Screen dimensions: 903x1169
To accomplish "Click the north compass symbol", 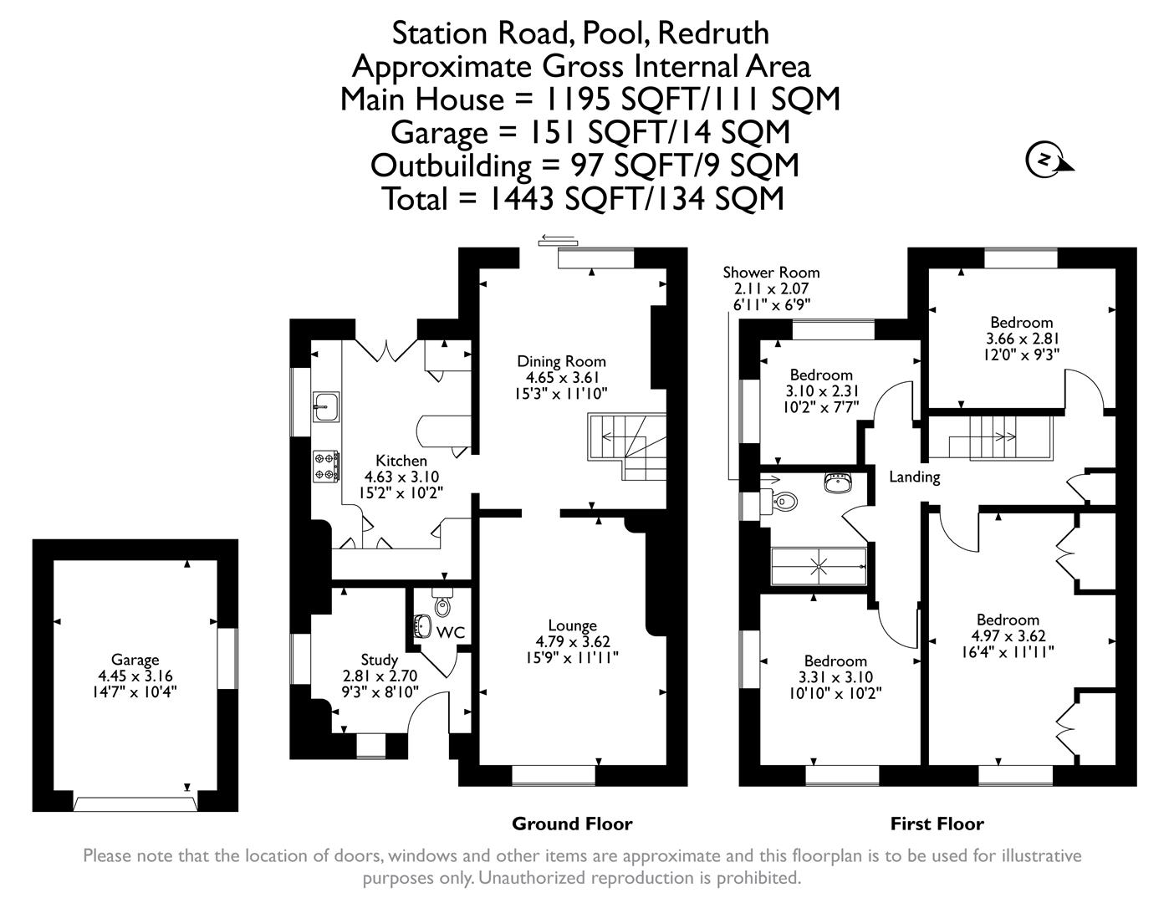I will tap(1045, 160).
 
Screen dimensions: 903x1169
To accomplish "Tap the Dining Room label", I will tap(561, 361).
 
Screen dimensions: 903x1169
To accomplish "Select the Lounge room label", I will tap(572, 625).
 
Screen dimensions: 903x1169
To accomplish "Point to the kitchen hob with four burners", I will tap(326, 467).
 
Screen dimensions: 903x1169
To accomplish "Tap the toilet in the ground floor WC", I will tap(442, 604).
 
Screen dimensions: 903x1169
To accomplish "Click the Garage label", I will tap(135, 660).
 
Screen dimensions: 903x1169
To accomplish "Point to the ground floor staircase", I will tap(626, 447).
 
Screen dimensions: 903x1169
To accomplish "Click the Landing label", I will tap(914, 477).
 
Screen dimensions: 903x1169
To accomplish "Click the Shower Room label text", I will tap(771, 273).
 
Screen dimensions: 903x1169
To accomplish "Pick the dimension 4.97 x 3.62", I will tap(1008, 636).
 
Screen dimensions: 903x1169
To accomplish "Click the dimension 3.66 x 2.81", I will tap(1021, 339).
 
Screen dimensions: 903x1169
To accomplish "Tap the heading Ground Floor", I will tap(572, 824).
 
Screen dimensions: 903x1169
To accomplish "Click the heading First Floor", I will tap(937, 824).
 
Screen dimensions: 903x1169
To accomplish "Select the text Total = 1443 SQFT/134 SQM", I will tap(583, 199).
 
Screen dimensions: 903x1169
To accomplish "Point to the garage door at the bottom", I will tap(135, 804).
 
